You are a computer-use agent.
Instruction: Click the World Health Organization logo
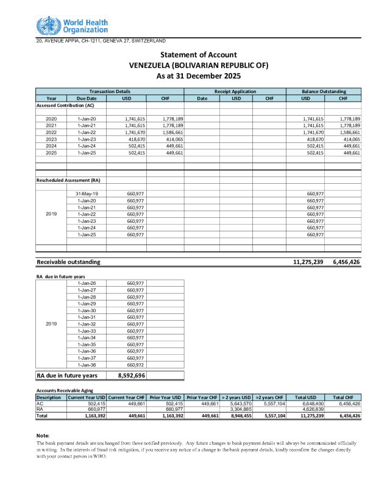coord(73,26)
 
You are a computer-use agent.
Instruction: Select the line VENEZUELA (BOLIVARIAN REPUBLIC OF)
coord(198,65)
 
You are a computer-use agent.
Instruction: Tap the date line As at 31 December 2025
coord(198,76)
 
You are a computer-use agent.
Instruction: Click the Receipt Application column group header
coord(235,91)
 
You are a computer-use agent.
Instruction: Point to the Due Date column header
coord(87,98)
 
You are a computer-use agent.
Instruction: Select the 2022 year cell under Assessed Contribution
coord(51,132)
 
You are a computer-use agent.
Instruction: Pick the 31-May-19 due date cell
coord(87,194)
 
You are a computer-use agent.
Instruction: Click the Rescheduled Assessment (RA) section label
coord(68,180)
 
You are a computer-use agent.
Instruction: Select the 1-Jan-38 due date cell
coord(87,365)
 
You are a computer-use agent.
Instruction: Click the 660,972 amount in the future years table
coord(135,365)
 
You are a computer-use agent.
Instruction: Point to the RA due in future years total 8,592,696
coord(131,375)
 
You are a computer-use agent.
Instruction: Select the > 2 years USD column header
coord(236,397)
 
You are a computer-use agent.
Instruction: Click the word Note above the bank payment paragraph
coord(43,436)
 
